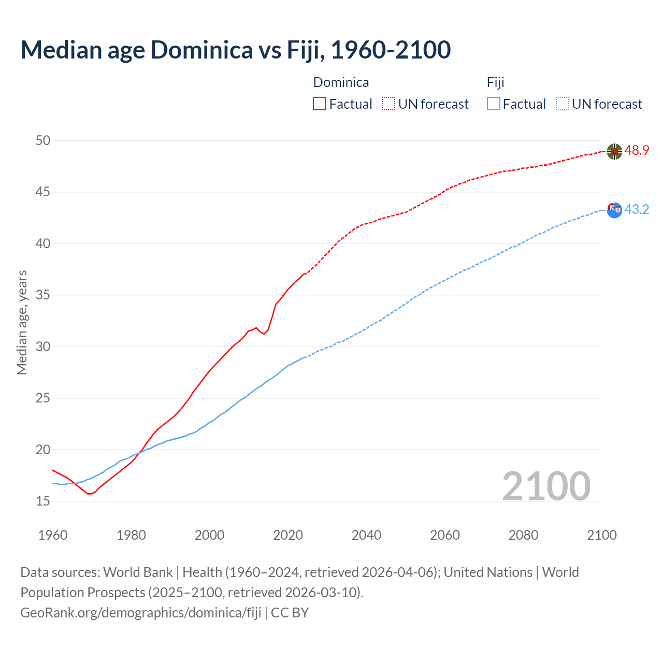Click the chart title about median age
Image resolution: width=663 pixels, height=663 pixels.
tap(236, 50)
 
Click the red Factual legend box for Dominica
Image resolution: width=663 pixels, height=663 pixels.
tap(320, 104)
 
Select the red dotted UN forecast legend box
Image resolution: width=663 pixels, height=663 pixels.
tap(388, 104)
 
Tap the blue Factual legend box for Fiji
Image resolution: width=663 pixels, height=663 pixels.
tap(494, 104)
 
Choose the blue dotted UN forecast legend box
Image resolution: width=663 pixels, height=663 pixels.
tap(563, 104)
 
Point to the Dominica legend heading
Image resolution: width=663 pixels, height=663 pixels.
tap(341, 82)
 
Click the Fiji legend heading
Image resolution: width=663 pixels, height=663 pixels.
tap(495, 82)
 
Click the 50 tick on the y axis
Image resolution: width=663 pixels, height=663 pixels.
tap(43, 140)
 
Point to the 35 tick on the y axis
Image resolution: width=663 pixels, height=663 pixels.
tap(43, 295)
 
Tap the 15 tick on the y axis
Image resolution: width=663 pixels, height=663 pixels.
tap(43, 501)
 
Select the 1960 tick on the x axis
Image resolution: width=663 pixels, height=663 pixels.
tap(53, 535)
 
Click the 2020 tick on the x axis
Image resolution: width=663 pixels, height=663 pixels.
tap(288, 535)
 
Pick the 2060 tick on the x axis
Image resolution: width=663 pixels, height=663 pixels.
tap(445, 535)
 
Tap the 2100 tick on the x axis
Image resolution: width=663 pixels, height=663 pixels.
tap(602, 535)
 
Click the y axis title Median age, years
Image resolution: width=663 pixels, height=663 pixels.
tap(22, 322)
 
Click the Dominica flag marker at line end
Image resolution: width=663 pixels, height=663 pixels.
tap(614, 151)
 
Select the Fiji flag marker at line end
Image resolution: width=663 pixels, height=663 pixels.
tap(614, 210)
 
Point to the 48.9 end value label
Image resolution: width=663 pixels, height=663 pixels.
tap(637, 150)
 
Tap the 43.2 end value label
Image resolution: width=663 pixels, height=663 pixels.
tap(637, 209)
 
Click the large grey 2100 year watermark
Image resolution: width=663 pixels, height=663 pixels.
tap(546, 486)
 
